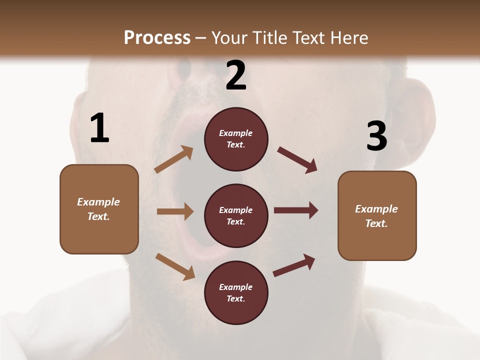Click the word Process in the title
click(x=157, y=37)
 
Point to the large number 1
click(x=99, y=128)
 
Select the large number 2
click(x=236, y=75)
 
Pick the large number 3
click(x=376, y=137)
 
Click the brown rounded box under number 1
click(x=99, y=209)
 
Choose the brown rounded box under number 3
click(x=377, y=215)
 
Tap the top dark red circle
click(x=236, y=139)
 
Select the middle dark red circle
click(x=236, y=215)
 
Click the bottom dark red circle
click(x=236, y=292)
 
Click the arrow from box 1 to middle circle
click(x=175, y=211)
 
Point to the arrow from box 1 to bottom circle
click(x=175, y=266)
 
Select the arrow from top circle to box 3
click(x=297, y=160)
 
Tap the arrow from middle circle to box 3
click(x=296, y=210)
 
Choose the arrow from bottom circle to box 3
click(x=294, y=265)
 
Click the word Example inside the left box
click(x=98, y=202)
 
